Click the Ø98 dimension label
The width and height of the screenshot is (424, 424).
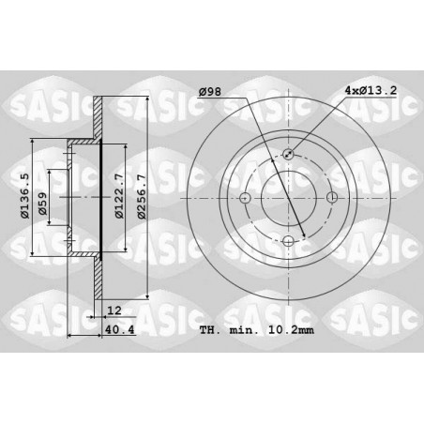click(210, 92)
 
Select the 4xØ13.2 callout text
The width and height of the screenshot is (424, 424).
click(371, 90)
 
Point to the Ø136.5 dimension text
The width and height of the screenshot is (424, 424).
click(25, 196)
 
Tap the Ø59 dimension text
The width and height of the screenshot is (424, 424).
click(42, 204)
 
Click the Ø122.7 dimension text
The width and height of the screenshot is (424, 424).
click(119, 196)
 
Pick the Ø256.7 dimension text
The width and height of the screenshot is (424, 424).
click(142, 197)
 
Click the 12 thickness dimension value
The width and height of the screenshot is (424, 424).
click(114, 310)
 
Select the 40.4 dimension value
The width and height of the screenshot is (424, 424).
click(120, 329)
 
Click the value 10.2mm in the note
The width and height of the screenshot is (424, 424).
click(291, 330)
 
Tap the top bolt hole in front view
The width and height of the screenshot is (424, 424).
click(288, 154)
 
